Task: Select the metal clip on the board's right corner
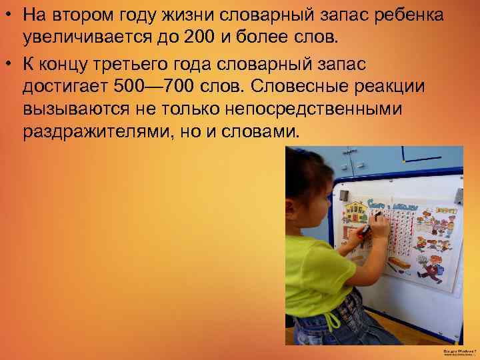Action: [459, 195]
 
